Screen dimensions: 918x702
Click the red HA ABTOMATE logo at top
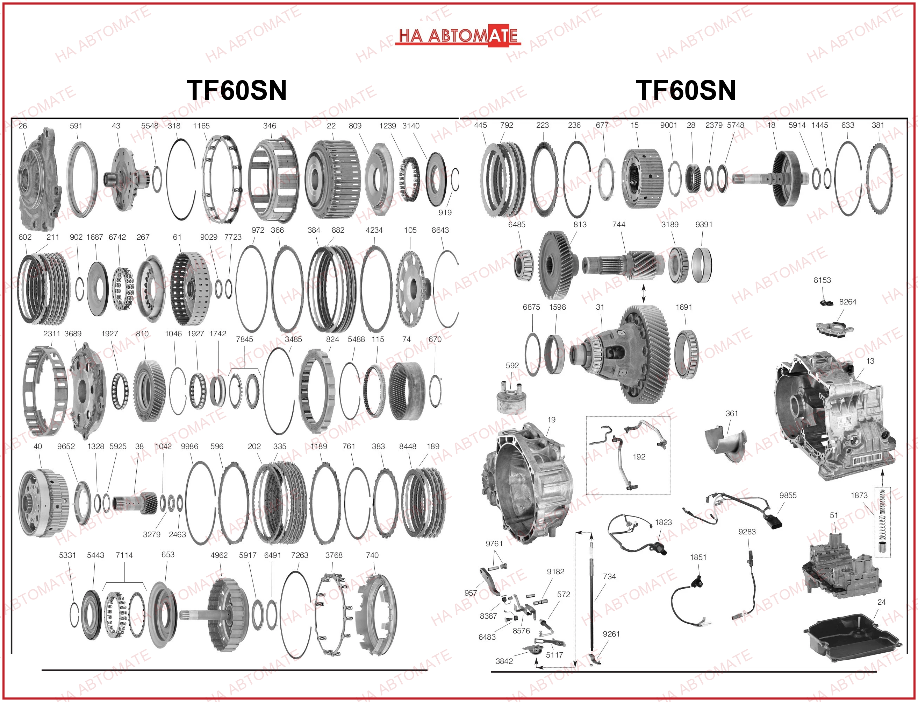[458, 35]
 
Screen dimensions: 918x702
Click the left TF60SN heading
[236, 90]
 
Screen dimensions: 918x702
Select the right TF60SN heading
[686, 90]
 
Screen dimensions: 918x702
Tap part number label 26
[22, 126]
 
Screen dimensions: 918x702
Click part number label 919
[445, 212]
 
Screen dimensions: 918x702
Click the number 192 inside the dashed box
[639, 457]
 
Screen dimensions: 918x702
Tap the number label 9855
[788, 495]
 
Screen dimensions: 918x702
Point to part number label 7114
[124, 555]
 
